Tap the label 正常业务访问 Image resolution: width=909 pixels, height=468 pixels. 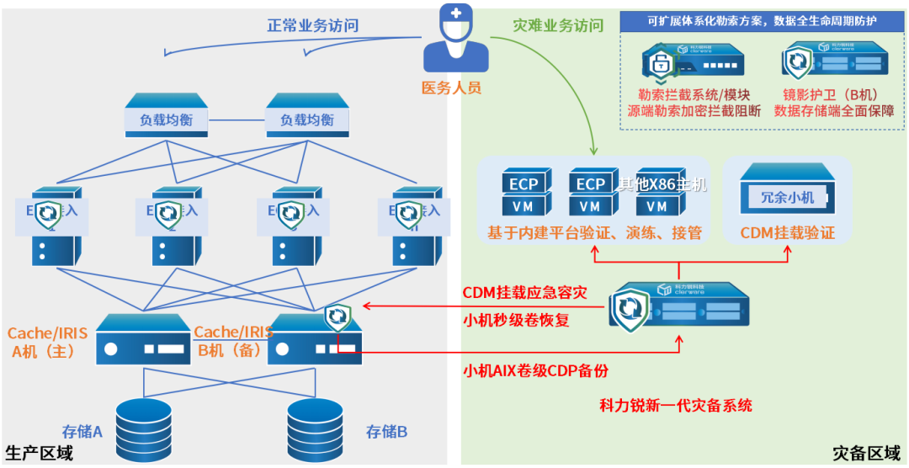pos(313,25)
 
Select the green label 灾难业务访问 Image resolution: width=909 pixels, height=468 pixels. pos(558,25)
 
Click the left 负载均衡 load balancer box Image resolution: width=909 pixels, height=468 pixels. pos(166,117)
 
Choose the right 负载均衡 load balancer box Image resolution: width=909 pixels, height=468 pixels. pos(306,117)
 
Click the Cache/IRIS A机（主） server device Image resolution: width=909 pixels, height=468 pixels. pos(143,342)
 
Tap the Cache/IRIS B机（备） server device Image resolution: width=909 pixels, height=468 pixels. pos(314,342)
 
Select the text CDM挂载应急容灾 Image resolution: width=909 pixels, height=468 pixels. pos(524,292)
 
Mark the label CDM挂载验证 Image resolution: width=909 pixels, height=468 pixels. pos(788,233)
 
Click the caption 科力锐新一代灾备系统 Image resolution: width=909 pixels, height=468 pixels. pos(676,406)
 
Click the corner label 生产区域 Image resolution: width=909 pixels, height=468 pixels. pos(39,454)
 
